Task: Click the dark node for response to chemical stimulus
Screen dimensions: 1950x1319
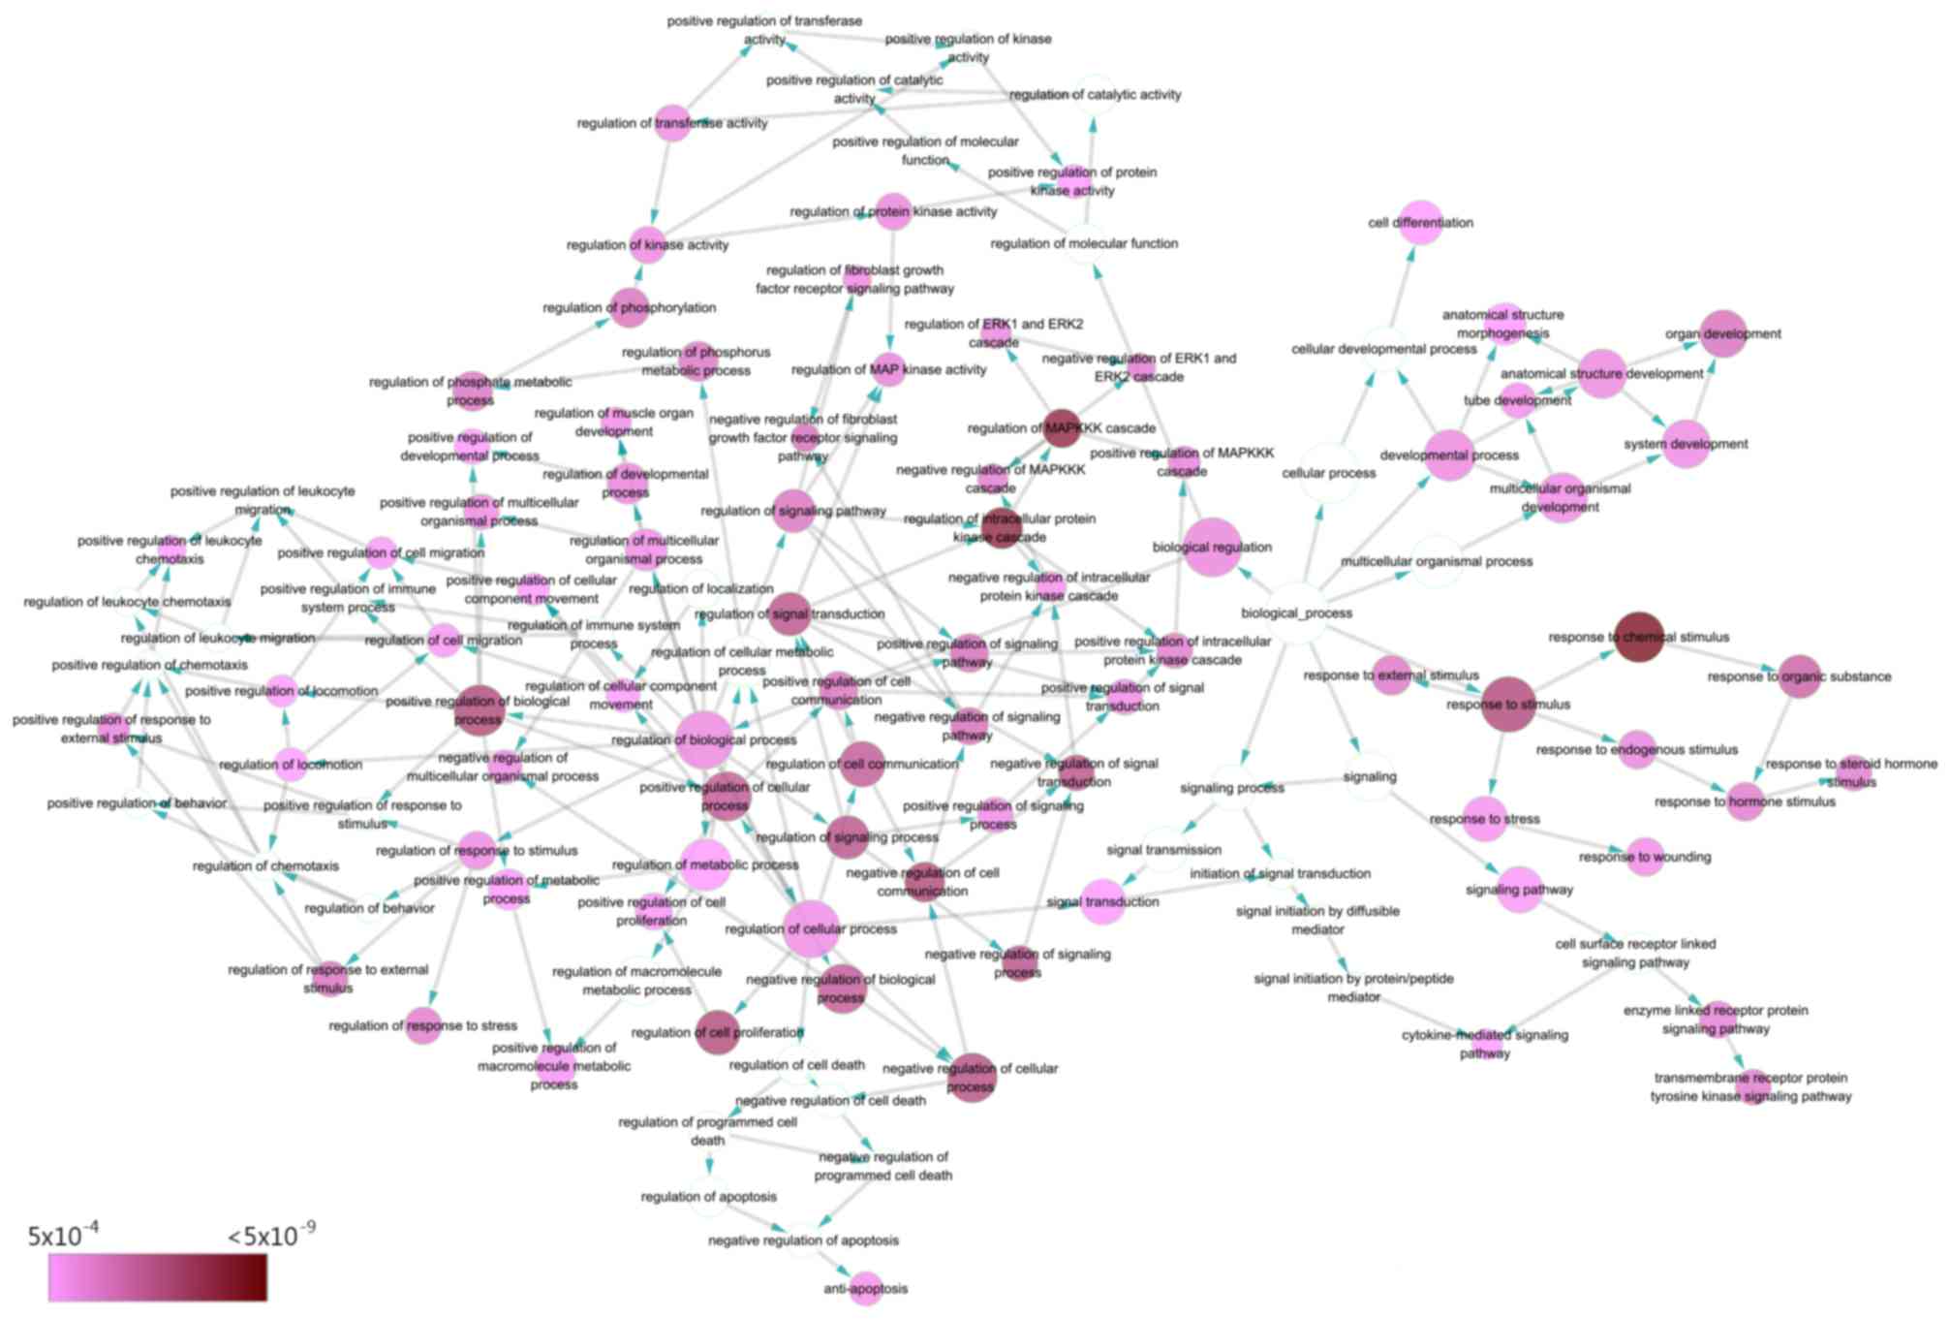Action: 1639,637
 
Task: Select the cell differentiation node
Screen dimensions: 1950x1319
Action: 1421,223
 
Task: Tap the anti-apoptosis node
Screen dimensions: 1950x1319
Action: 865,1288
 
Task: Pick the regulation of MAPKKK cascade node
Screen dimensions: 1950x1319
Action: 1062,427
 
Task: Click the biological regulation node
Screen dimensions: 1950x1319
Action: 1212,547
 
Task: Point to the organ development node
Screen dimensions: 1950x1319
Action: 1723,333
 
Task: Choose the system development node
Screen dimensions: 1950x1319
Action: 1687,444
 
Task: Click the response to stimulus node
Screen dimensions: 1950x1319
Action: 1508,705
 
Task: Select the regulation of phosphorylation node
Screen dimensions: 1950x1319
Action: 630,308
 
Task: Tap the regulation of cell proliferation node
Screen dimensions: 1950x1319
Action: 718,1032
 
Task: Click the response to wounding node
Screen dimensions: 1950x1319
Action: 1645,857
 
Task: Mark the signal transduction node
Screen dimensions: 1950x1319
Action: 1102,901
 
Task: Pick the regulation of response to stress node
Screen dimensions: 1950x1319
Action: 423,1025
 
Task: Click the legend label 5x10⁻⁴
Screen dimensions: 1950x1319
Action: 63,1236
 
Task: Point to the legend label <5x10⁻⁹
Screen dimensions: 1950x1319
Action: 271,1236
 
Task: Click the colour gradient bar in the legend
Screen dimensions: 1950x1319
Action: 158,1277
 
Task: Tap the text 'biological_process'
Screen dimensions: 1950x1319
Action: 1296,613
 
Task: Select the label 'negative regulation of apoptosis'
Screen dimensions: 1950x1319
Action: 803,1240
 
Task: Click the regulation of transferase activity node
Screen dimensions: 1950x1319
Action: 672,123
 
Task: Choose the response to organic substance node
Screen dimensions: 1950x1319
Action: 1800,676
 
